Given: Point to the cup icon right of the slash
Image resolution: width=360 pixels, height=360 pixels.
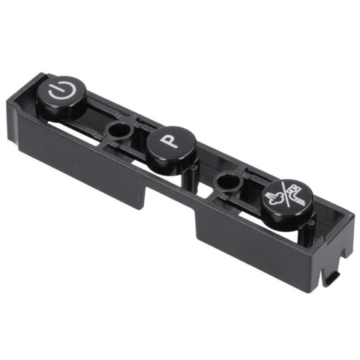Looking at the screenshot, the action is click(295, 192).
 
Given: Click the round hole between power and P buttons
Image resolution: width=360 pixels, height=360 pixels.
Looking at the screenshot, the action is click(117, 130).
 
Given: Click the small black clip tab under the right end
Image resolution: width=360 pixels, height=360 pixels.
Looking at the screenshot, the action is click(331, 279).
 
